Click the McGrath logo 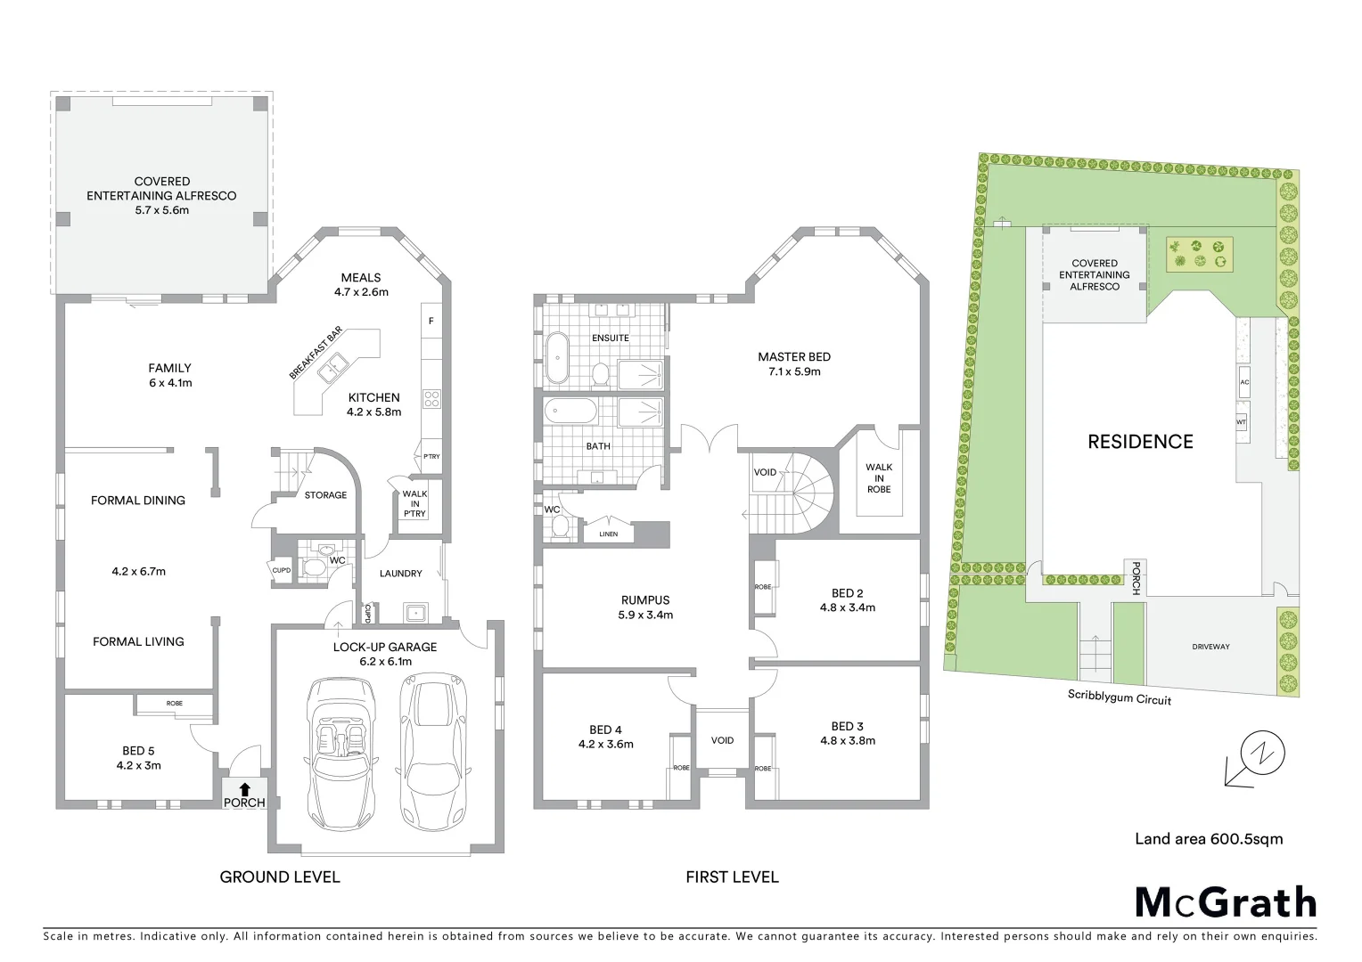(1225, 902)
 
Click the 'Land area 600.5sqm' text (1208, 838)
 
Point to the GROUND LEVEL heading (280, 877)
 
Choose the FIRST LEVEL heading (732, 877)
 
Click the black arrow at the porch (244, 787)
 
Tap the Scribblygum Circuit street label (1119, 697)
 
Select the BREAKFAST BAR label (316, 354)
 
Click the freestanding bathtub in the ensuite (558, 358)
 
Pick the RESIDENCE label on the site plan (1140, 442)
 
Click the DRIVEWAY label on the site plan (1210, 647)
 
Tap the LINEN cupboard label (608, 534)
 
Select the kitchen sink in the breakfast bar (336, 364)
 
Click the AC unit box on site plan (1244, 382)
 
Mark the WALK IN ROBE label (878, 478)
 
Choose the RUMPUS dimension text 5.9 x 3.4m (645, 615)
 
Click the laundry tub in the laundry (414, 612)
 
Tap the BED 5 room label (138, 751)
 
